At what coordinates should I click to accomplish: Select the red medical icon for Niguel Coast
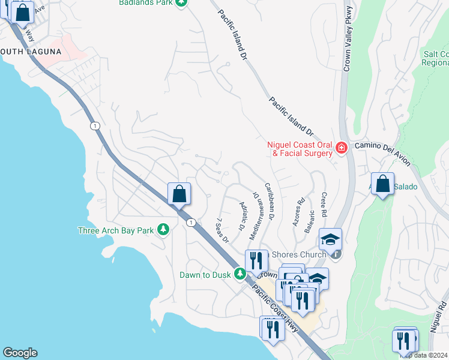(341, 148)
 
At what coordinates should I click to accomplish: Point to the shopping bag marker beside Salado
(382, 184)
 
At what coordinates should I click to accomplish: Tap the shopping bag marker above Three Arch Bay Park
(179, 194)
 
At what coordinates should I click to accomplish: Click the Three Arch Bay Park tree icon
(162, 230)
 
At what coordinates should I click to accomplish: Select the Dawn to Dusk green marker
(240, 275)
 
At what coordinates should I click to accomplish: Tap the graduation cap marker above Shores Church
(330, 239)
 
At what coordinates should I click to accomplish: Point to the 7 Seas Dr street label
(222, 230)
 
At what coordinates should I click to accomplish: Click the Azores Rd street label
(299, 209)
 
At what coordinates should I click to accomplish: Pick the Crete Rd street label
(324, 205)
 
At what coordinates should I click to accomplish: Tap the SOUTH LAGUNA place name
(31, 52)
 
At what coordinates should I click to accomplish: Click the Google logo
(20, 353)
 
